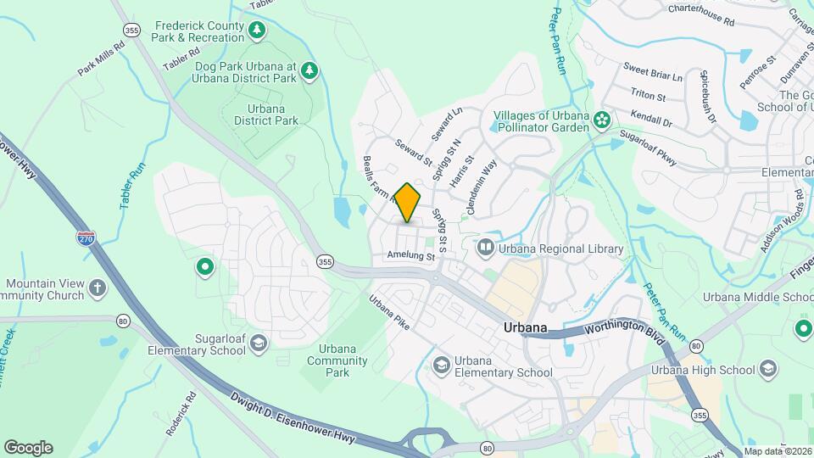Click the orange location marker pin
click(x=408, y=203)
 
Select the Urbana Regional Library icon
click(x=486, y=249)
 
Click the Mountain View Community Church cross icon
click(x=98, y=288)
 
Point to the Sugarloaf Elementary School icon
click(x=258, y=343)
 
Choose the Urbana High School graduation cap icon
click(x=768, y=369)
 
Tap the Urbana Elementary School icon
click(x=441, y=366)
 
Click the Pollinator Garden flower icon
click(x=603, y=120)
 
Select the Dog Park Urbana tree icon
click(x=310, y=71)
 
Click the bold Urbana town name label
click(x=523, y=328)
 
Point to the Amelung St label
click(x=410, y=255)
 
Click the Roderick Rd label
click(x=181, y=413)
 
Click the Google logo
click(x=28, y=448)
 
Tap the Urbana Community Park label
click(x=337, y=360)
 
